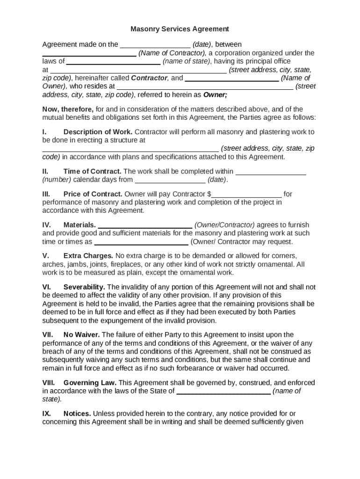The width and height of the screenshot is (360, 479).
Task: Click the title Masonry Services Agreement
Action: click(x=180, y=29)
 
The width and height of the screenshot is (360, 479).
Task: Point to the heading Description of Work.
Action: click(x=98, y=132)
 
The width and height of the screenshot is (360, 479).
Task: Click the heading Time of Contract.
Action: click(x=92, y=171)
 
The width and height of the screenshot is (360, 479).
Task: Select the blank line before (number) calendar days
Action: click(x=270, y=172)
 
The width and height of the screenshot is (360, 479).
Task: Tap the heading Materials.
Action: click(x=79, y=225)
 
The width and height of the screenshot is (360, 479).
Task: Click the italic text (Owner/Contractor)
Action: click(x=224, y=225)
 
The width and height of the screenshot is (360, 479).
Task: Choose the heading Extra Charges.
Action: click(x=88, y=256)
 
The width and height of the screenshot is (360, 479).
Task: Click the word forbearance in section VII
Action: click(x=196, y=368)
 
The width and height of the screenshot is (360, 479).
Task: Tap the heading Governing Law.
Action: click(x=90, y=383)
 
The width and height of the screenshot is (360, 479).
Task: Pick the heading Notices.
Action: click(x=77, y=414)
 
